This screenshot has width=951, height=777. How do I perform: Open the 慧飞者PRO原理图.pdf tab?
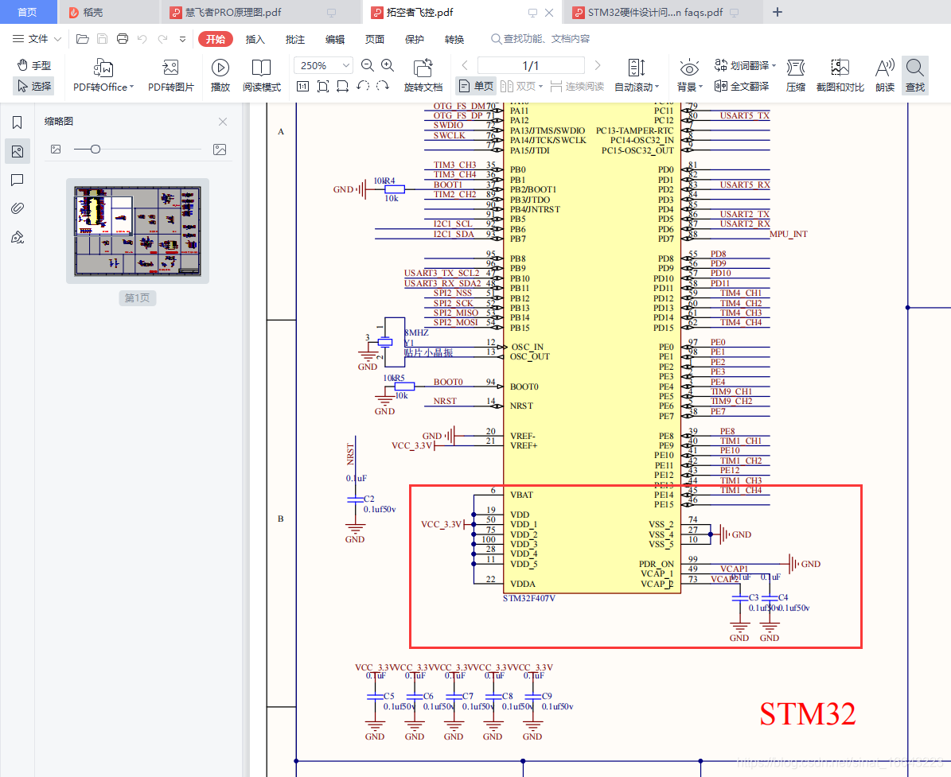tap(233, 13)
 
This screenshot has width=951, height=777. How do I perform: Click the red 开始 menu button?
tap(215, 39)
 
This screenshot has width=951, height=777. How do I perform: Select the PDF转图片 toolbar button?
tap(170, 76)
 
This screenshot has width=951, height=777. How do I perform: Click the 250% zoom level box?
tap(322, 65)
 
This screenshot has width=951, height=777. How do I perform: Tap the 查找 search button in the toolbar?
tap(915, 76)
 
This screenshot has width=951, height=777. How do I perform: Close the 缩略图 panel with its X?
tap(223, 122)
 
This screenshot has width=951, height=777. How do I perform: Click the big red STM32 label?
tap(807, 713)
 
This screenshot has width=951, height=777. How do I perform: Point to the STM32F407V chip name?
tap(529, 598)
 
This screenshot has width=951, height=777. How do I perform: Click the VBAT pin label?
tap(521, 495)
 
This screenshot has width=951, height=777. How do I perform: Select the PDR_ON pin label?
tap(656, 564)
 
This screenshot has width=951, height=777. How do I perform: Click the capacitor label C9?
tap(547, 696)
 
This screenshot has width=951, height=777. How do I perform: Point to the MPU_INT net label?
tap(789, 234)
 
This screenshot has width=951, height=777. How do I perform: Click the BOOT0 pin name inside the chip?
tap(525, 387)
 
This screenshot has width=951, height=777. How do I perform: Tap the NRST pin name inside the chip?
tap(522, 406)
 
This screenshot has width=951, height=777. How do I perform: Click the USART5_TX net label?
tap(744, 115)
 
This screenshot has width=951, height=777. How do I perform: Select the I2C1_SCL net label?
tap(453, 223)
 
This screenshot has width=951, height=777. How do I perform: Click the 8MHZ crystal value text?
tap(416, 332)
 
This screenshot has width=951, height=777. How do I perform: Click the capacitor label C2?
tap(368, 499)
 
